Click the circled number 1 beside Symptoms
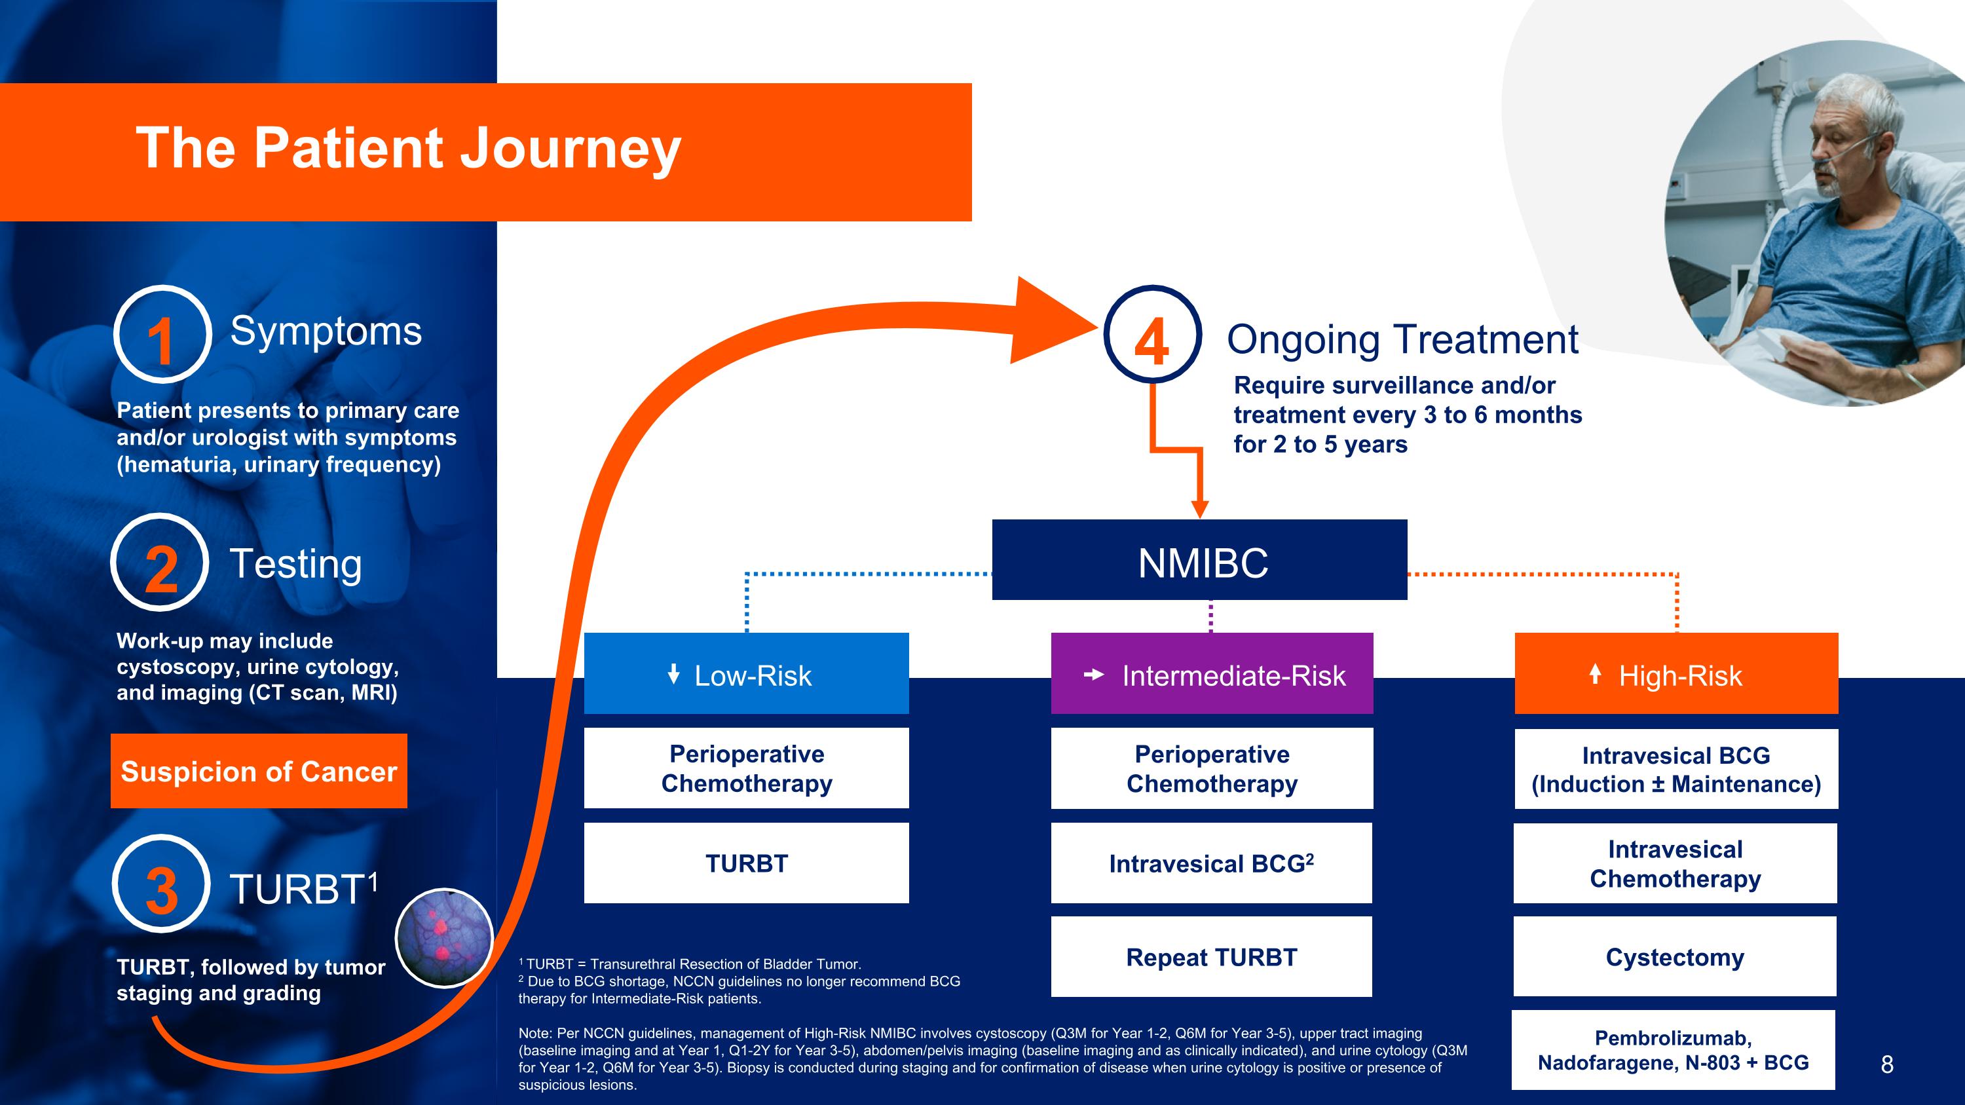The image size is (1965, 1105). click(x=162, y=335)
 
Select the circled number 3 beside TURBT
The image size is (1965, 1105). click(x=161, y=884)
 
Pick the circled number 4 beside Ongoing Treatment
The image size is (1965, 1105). click(x=1153, y=335)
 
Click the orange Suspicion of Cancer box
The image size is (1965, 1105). click(x=259, y=771)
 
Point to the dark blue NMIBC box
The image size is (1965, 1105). click(x=1199, y=560)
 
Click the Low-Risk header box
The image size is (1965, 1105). click(x=746, y=673)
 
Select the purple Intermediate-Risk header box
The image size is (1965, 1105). click(x=1211, y=673)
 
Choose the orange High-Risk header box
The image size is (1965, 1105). click(x=1676, y=673)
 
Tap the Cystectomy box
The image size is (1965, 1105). click(x=1674, y=956)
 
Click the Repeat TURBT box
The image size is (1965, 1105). click(x=1211, y=956)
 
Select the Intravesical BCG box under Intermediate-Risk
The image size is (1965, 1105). click(x=1211, y=863)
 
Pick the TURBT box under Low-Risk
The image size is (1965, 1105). click(x=746, y=863)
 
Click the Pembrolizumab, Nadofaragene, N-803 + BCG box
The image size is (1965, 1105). click(x=1673, y=1050)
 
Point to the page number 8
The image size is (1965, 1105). click(x=1886, y=1064)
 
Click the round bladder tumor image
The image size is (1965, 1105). click(x=444, y=937)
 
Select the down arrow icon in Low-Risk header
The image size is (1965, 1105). click(x=673, y=673)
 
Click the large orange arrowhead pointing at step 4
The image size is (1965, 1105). click(x=1049, y=321)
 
